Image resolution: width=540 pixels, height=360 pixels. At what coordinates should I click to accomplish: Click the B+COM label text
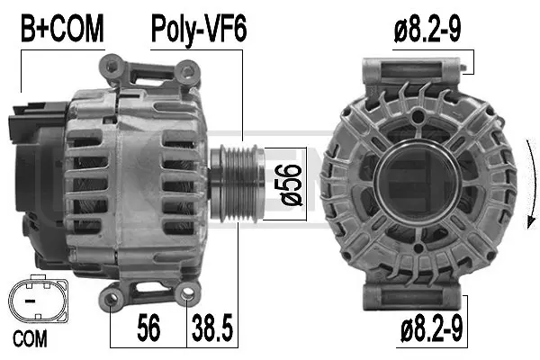(61, 30)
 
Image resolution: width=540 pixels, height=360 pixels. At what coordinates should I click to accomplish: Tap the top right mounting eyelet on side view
(186, 71)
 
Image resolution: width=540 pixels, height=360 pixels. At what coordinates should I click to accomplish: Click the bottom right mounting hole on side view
(187, 292)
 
